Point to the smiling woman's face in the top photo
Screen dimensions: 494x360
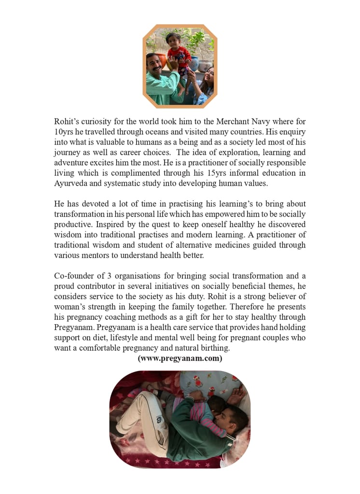tap(210, 76)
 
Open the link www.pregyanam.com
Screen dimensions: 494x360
tap(180, 358)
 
